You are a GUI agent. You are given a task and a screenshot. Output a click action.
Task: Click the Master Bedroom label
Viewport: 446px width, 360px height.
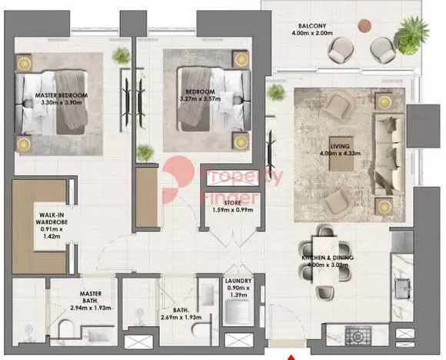click(62, 95)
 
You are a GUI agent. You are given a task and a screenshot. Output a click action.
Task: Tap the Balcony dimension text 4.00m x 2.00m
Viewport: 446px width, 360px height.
click(312, 33)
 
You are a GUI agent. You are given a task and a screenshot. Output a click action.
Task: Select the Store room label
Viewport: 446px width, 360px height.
click(233, 203)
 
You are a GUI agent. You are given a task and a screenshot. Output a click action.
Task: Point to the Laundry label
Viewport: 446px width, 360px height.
click(238, 281)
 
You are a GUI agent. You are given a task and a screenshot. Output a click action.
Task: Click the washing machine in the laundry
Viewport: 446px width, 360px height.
click(237, 312)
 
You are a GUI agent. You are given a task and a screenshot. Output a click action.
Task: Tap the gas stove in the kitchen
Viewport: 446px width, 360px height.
click(358, 336)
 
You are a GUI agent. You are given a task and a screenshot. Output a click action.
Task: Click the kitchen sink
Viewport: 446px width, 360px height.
click(403, 289)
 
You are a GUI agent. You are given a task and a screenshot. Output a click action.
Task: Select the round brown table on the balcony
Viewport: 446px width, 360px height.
click(364, 25)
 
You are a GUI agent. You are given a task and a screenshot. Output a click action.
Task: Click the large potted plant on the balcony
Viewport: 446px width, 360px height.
click(411, 35)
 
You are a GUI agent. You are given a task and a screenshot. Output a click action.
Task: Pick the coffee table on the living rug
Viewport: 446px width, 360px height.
click(341, 153)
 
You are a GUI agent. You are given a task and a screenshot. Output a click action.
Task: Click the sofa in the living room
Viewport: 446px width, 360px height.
click(390, 155)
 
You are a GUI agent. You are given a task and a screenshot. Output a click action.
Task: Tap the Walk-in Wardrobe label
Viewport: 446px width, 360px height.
click(54, 218)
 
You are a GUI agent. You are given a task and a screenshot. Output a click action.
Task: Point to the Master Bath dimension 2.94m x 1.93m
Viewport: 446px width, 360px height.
click(91, 308)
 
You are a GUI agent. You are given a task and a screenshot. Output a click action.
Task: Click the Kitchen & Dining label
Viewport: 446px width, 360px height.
click(328, 258)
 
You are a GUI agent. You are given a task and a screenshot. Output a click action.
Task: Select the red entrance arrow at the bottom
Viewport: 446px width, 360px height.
click(291, 357)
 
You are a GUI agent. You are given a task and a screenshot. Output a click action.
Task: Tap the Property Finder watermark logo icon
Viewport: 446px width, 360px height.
click(177, 179)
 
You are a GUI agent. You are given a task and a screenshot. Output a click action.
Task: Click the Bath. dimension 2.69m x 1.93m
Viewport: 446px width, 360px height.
click(181, 318)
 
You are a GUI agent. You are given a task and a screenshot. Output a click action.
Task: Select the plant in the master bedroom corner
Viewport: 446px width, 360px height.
click(121, 56)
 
